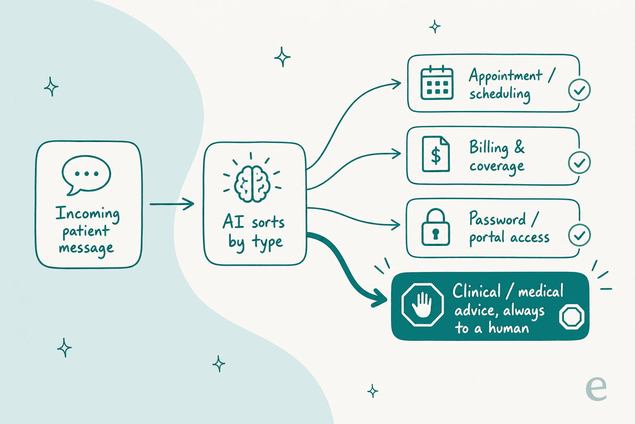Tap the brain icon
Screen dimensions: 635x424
point(252,184)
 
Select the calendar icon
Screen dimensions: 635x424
point(437,83)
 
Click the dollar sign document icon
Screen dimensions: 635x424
point(436,154)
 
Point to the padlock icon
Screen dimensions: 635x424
point(436,227)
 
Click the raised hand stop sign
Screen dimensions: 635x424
point(423,305)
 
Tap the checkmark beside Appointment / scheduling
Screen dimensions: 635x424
point(579,90)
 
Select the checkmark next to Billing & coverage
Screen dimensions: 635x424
point(579,163)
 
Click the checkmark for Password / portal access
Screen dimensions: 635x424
point(579,235)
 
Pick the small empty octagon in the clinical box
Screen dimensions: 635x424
point(572,317)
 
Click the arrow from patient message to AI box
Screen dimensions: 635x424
point(172,204)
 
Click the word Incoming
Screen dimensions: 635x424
point(88,214)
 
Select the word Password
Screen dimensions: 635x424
point(497,219)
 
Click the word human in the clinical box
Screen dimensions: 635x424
point(509,328)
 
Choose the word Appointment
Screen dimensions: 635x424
point(506,76)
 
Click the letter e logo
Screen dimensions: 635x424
point(596,388)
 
